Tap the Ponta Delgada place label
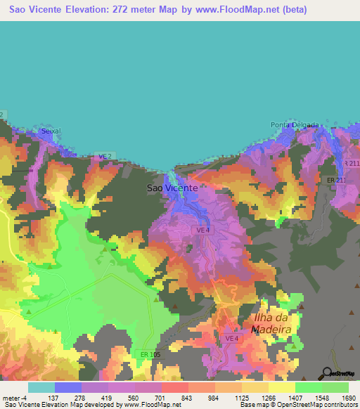tap(294, 125)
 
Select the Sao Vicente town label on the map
tap(172, 188)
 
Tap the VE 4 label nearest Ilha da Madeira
tap(232, 339)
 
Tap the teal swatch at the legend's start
tap(41, 387)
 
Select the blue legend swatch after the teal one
tap(68, 387)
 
